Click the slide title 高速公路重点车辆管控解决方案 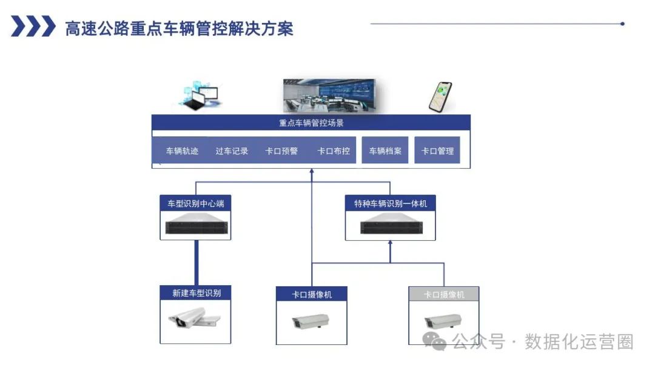click(x=179, y=28)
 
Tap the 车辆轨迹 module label click(x=182, y=151)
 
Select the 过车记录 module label click(x=232, y=151)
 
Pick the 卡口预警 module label click(x=281, y=151)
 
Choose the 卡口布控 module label click(x=334, y=151)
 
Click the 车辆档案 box click(x=386, y=151)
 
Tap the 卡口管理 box click(x=437, y=151)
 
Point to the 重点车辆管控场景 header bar click(x=311, y=123)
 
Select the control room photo click(x=329, y=96)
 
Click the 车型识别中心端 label click(x=195, y=203)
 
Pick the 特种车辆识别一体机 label click(x=391, y=203)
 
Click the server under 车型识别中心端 click(x=195, y=226)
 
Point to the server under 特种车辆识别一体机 click(x=391, y=226)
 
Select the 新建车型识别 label click(x=195, y=294)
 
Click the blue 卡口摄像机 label click(x=312, y=295)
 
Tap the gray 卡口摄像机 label click(x=444, y=295)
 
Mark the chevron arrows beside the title click(x=33, y=27)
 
